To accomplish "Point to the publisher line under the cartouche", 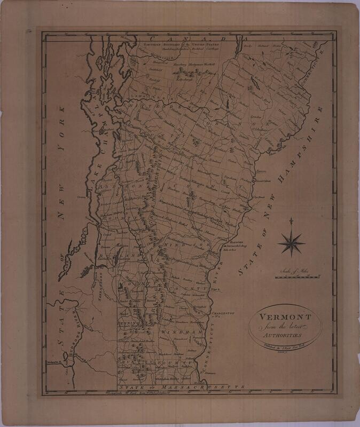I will pyautogui.click(x=278, y=345).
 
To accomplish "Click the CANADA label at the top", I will pyautogui.click(x=197, y=39).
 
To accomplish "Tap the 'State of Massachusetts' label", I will pyautogui.click(x=182, y=386).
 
